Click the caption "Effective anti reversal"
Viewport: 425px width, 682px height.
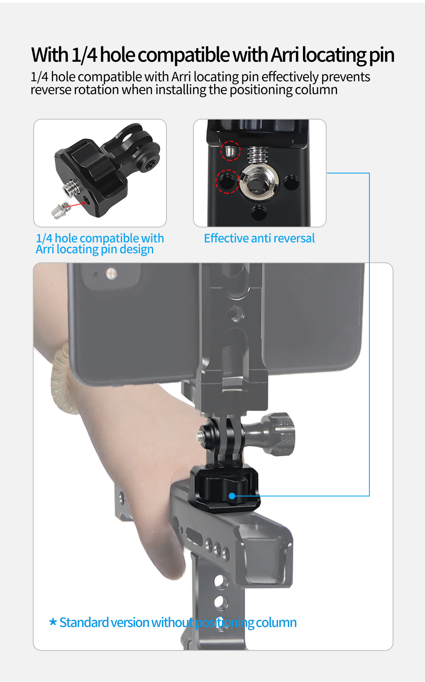click(259, 238)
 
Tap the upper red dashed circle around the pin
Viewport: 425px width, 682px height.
click(230, 150)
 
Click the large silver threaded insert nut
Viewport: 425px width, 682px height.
click(259, 182)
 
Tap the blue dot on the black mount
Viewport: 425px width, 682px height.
click(232, 496)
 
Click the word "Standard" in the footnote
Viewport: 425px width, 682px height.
click(84, 622)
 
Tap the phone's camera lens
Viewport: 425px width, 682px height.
click(111, 274)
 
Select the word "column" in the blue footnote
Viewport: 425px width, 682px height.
click(276, 622)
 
